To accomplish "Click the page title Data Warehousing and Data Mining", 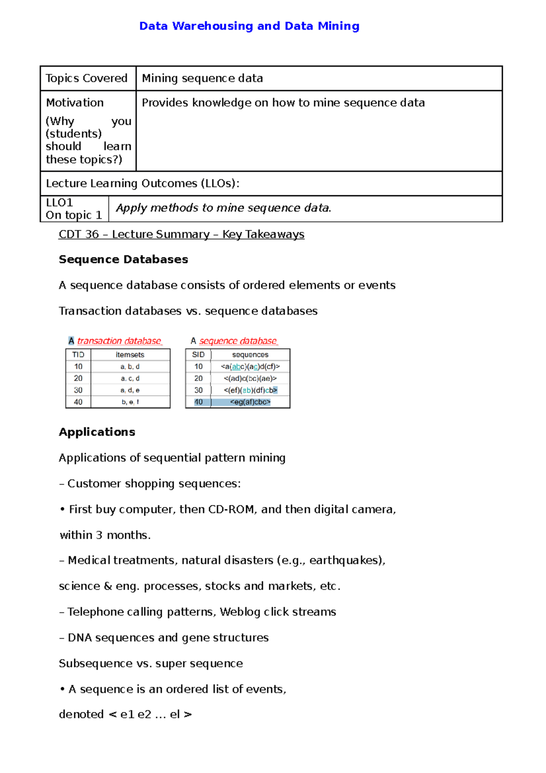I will [x=249, y=26].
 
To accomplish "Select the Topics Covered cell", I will [x=86, y=78].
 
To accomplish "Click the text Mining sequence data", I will [x=202, y=78].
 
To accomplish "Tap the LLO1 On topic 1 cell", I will [x=74, y=209].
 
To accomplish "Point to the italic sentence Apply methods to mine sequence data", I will [x=223, y=208].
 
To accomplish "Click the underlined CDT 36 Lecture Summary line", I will [x=181, y=234].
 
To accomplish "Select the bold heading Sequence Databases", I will [x=123, y=259].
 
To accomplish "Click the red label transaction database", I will [x=119, y=341].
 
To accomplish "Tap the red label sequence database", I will [x=238, y=341].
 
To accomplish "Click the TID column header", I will [x=78, y=355].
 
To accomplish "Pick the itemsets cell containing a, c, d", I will [x=130, y=378].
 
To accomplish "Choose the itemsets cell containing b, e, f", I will [x=130, y=402].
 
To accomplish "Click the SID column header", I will [x=198, y=355].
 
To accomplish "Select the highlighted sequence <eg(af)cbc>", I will [x=250, y=402].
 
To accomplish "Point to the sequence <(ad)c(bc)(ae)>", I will [x=250, y=378].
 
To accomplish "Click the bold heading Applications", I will [x=97, y=432].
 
